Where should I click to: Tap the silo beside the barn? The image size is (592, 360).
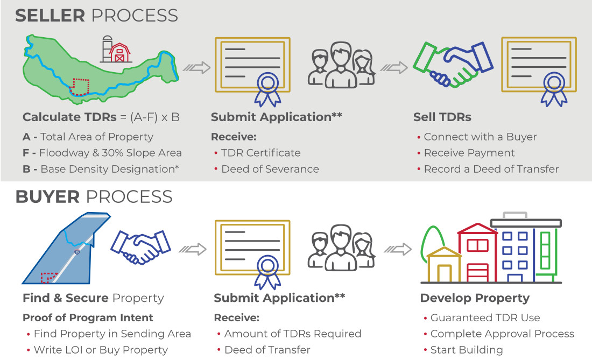click(x=107, y=49)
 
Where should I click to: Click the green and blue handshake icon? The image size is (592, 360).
click(x=453, y=65)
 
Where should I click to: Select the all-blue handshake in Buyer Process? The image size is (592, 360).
click(x=140, y=248)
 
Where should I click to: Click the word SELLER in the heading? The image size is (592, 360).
click(x=50, y=16)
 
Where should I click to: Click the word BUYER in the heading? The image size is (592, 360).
click(x=47, y=197)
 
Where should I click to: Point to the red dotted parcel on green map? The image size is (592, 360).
click(x=79, y=87)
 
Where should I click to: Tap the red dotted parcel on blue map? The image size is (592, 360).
click(x=48, y=277)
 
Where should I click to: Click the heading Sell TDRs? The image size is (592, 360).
click(x=442, y=117)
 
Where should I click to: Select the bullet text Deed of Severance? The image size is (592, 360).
click(x=270, y=169)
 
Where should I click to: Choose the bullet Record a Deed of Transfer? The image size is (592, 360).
click(x=491, y=169)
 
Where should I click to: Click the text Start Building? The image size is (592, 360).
click(x=467, y=350)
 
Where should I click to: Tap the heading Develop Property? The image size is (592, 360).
click(x=475, y=298)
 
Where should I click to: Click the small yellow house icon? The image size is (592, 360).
click(x=444, y=265)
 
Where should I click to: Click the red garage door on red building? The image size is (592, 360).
click(x=477, y=272)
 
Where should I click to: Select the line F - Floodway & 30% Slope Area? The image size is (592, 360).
click(x=102, y=153)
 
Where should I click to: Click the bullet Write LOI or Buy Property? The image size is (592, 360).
click(x=101, y=350)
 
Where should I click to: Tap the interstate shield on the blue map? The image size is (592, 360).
click(x=76, y=252)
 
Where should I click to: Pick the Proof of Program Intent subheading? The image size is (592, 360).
click(x=88, y=317)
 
